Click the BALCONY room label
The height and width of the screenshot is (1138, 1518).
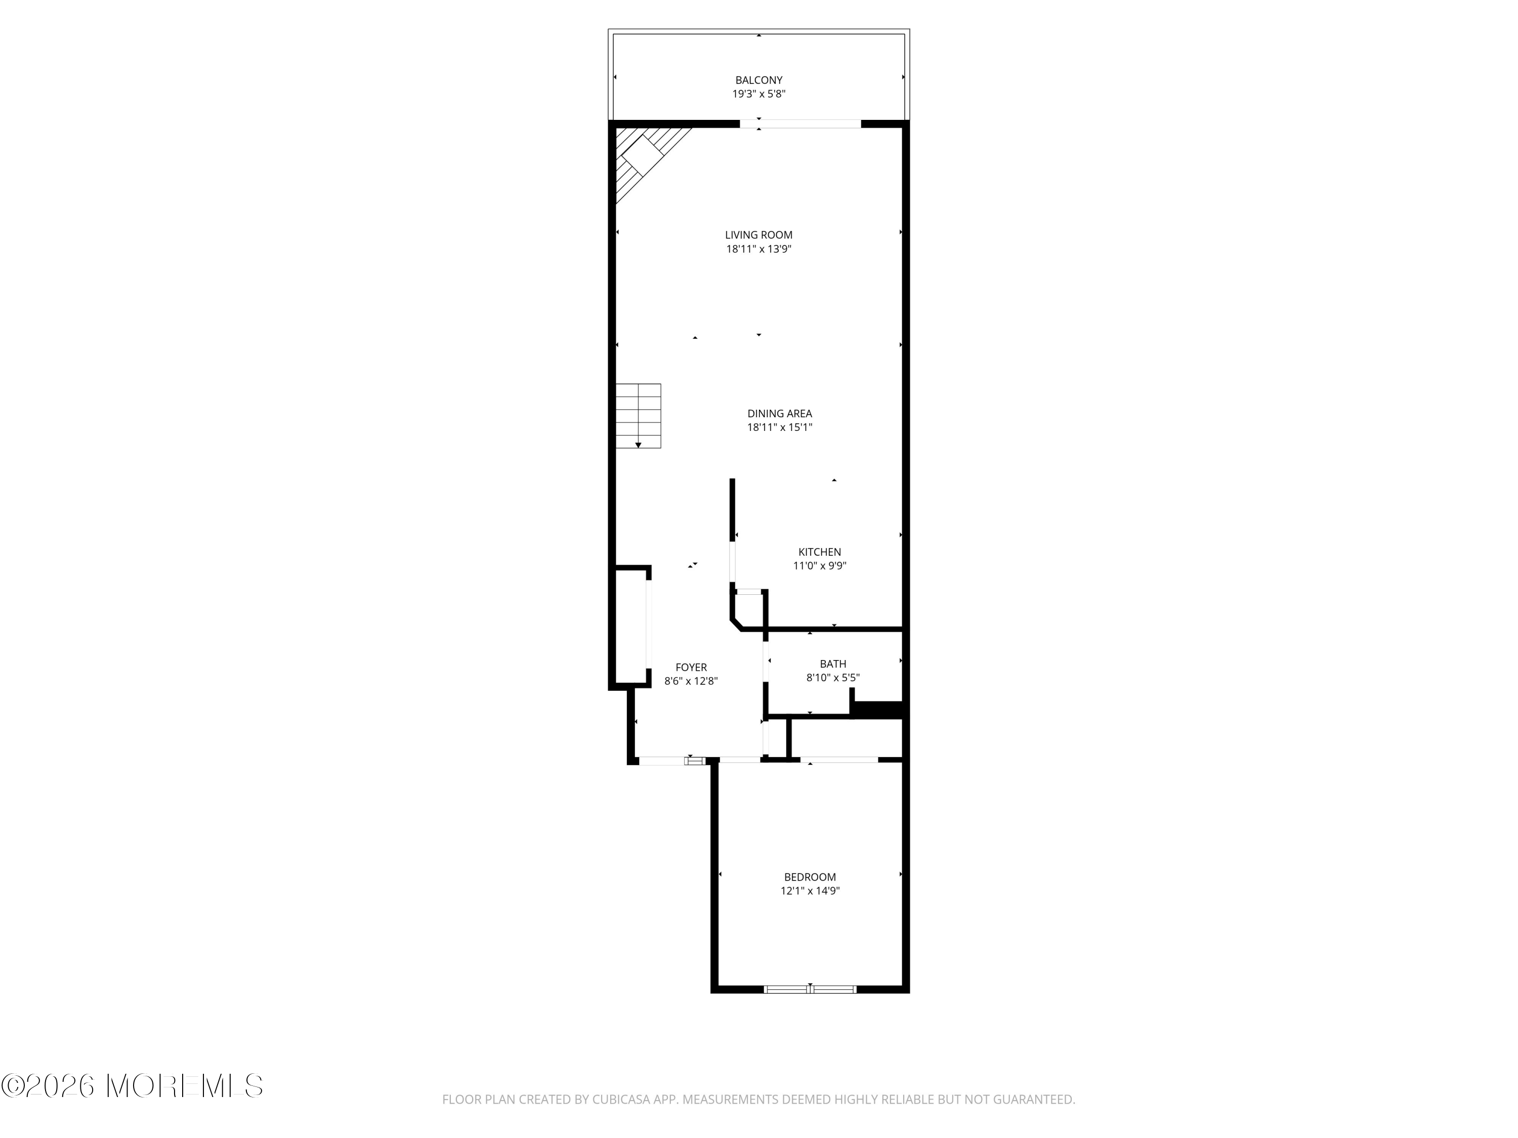[758, 80]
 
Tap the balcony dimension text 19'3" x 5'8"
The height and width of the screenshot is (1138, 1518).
[758, 94]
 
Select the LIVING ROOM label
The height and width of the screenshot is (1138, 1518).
[758, 235]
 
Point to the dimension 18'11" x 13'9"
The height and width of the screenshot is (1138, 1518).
[758, 249]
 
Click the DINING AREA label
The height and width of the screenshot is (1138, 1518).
[780, 414]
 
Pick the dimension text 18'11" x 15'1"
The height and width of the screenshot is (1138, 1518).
[780, 427]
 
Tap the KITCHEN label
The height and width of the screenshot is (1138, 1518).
[819, 552]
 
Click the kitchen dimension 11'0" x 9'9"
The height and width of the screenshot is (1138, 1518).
[819, 566]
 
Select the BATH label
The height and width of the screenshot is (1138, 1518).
[832, 664]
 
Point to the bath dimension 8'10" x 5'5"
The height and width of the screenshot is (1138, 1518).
[832, 678]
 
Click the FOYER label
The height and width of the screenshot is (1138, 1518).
[691, 668]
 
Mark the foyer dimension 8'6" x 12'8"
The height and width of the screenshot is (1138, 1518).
[691, 681]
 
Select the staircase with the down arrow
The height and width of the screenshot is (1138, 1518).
[638, 416]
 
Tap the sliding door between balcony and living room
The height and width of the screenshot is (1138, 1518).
[800, 124]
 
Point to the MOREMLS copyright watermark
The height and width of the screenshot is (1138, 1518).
[132, 1086]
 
